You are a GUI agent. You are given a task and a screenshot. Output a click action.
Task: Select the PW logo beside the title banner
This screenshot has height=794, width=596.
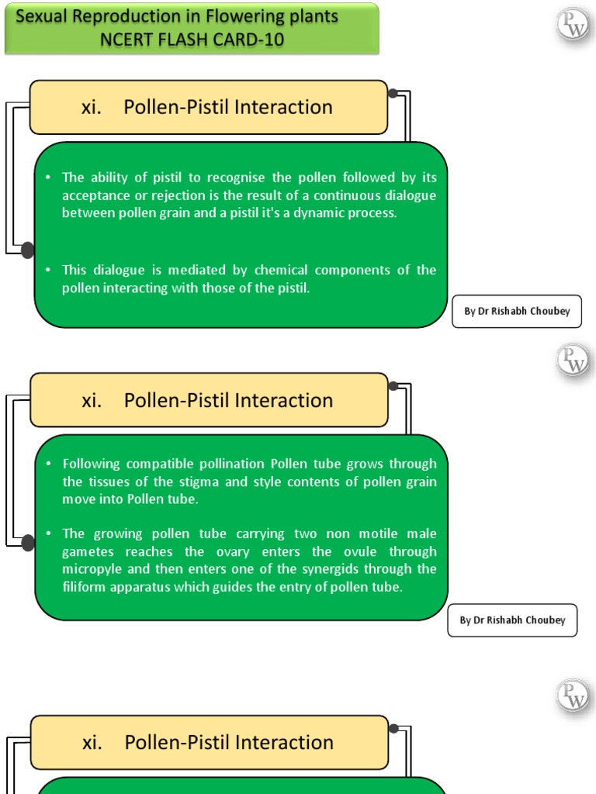tap(573, 24)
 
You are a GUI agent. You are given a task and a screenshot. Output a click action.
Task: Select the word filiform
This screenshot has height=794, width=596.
tap(80, 587)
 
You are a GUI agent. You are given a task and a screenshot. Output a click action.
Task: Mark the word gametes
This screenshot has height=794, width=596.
tap(88, 551)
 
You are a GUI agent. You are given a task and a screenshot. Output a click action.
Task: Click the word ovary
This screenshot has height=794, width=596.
tap(262, 551)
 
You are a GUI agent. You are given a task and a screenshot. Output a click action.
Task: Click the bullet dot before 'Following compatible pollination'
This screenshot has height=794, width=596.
tap(48, 464)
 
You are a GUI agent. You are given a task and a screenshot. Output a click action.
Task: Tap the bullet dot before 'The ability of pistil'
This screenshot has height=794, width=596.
tap(48, 178)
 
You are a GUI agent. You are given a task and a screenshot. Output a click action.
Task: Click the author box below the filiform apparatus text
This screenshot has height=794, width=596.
tap(512, 620)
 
